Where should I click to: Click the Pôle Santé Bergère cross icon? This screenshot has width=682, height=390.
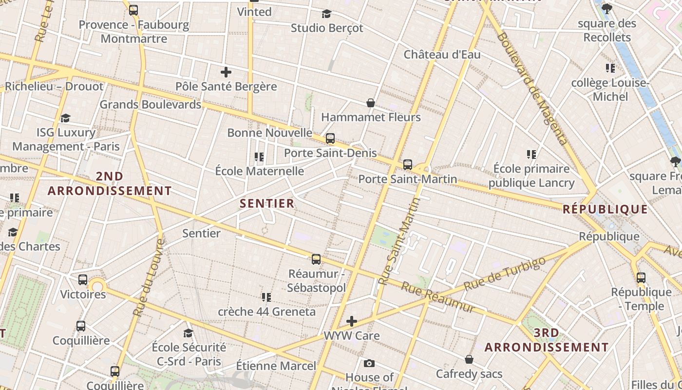(226, 73)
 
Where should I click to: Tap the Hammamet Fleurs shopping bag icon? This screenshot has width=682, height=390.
(371, 103)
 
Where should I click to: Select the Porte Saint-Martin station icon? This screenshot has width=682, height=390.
(408, 165)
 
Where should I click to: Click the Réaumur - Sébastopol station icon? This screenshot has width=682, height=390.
(316, 259)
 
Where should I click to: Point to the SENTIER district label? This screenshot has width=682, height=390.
(267, 203)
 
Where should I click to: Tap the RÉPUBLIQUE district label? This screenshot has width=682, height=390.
(605, 210)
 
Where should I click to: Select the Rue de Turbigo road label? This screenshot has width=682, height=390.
(505, 273)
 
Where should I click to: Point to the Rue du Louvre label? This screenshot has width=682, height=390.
(149, 277)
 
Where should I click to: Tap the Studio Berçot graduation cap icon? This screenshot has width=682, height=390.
(326, 14)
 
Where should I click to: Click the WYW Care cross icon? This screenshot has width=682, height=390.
(352, 321)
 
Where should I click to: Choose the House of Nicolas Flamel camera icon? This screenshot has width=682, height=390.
(369, 363)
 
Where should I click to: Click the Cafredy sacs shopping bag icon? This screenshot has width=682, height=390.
(469, 359)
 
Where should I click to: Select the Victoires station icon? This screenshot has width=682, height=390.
(83, 280)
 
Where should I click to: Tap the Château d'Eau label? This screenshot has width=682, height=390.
(442, 54)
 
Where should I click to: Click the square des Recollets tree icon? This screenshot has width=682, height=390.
(606, 9)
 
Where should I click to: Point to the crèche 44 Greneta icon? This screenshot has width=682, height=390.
(266, 297)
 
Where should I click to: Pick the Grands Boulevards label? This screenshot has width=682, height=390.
(150, 104)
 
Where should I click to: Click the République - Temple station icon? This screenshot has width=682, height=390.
(641, 278)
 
